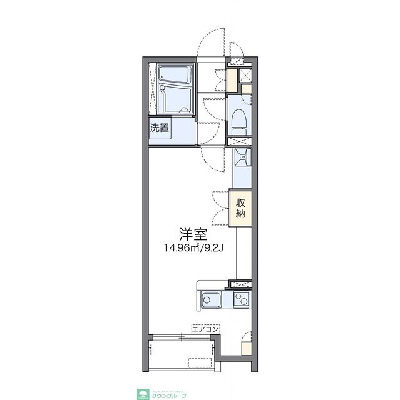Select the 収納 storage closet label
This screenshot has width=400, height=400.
(241, 207)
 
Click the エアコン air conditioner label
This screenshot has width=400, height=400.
(205, 329)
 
